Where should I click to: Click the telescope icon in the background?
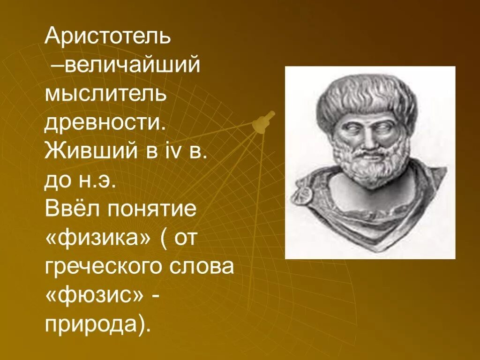(x=263, y=121)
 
